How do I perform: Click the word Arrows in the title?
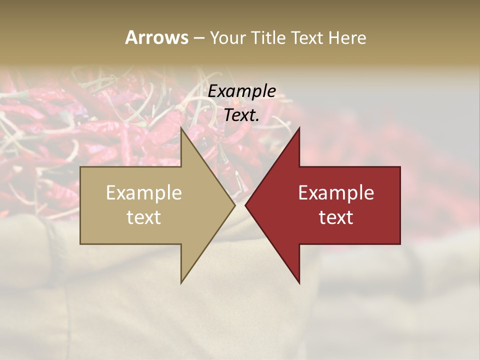point(156,37)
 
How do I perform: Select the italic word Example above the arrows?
point(242,91)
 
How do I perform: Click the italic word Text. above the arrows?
point(242,115)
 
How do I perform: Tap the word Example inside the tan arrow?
point(144,193)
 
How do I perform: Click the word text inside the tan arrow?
point(144,217)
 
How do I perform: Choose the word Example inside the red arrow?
point(336,193)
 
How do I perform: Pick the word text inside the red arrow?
point(336,217)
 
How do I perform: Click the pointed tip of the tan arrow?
point(235,205)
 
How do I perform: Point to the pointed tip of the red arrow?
point(245,205)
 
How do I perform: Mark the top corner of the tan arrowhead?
point(181,127)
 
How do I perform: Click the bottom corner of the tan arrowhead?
point(181,283)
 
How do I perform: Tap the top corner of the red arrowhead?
point(299,127)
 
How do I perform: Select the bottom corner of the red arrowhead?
point(299,283)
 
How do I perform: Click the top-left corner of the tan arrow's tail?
point(80,167)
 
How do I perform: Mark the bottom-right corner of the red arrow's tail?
point(400,244)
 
